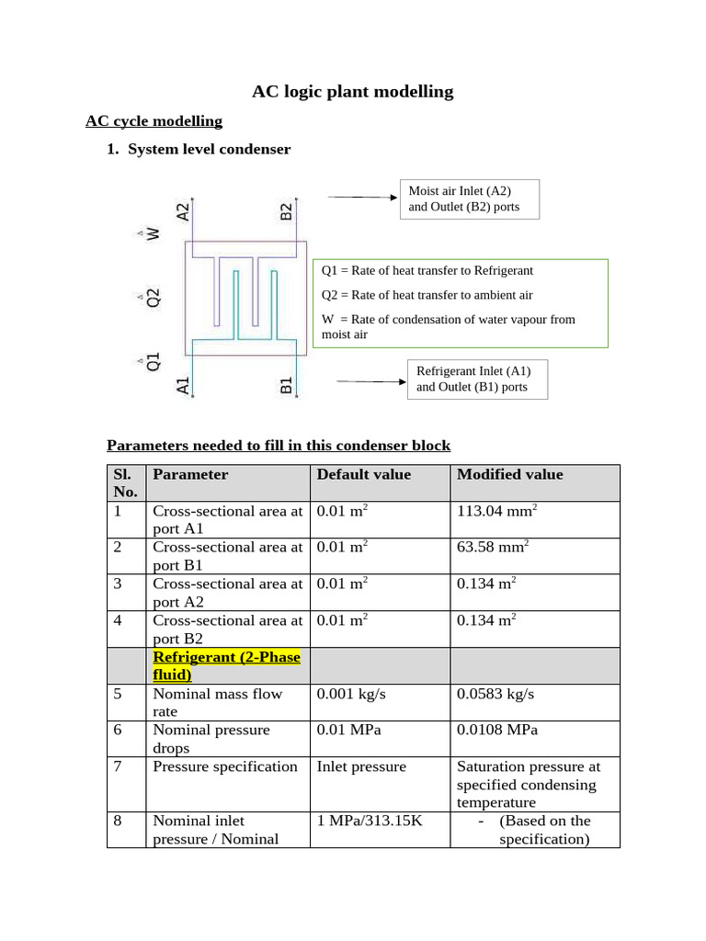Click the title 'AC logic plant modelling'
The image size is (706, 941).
tap(353, 91)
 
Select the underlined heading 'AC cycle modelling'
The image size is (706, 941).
tap(154, 121)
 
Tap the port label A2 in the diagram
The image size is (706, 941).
tap(184, 210)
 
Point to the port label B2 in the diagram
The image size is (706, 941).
tap(286, 210)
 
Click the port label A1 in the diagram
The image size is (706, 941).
tap(183, 385)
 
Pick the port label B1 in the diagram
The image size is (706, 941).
tap(286, 385)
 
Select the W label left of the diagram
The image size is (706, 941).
tap(153, 234)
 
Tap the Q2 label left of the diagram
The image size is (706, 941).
tap(153, 297)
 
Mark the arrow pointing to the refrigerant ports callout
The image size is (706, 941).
tap(371, 380)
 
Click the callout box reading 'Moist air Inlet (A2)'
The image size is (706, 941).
tap(469, 198)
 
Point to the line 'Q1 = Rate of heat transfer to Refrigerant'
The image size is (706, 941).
tap(427, 271)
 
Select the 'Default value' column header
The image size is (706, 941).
tap(364, 475)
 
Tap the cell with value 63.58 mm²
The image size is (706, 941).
tap(493, 548)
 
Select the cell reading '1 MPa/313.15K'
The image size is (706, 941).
tap(370, 821)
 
